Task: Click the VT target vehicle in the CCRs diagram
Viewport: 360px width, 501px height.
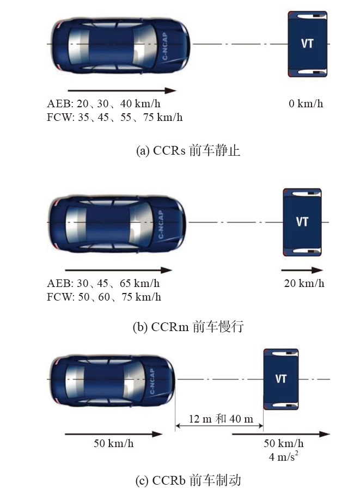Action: tap(307, 44)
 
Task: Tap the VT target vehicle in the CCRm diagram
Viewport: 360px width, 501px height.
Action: tap(302, 222)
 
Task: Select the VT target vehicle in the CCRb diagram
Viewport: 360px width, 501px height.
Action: tap(281, 379)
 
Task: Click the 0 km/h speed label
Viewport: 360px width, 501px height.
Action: tap(306, 103)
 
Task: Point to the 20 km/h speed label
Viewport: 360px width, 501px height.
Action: tap(304, 283)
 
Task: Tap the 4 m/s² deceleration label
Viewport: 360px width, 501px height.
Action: tap(284, 456)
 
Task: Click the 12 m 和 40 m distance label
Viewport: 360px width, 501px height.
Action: tap(221, 418)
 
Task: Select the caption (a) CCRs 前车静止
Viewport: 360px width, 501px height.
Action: tap(188, 150)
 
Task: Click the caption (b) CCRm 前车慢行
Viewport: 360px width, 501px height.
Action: tap(188, 327)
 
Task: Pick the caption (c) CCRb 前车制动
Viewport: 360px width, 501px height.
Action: tap(188, 480)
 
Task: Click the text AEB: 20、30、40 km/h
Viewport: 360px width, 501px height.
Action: tap(103, 103)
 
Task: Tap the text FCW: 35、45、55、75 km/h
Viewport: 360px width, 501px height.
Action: tap(115, 117)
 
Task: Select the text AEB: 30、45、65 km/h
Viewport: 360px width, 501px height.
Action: tap(103, 283)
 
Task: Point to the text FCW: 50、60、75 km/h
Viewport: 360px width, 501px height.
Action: tap(104, 297)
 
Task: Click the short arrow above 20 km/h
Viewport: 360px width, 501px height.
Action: tap(302, 270)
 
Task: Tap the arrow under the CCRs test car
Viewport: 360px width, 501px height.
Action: tap(122, 90)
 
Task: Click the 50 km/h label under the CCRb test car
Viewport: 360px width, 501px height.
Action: tap(114, 443)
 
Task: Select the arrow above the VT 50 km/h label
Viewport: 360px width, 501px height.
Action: tap(281, 434)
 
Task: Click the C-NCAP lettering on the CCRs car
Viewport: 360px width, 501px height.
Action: tap(165, 46)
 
